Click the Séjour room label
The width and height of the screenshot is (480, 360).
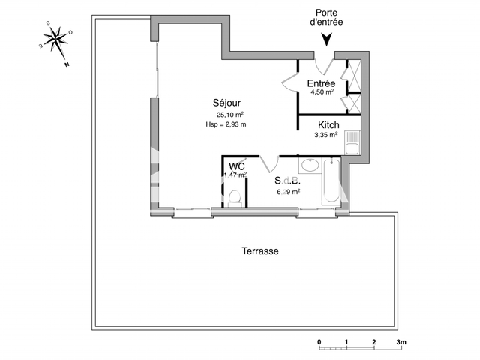(x=226, y=103)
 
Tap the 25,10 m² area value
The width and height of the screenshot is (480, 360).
(x=231, y=115)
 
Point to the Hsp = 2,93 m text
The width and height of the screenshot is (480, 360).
(x=231, y=124)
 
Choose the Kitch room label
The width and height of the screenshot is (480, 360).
(x=328, y=125)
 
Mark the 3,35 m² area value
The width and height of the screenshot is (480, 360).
(x=326, y=136)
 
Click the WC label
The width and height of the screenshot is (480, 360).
(x=237, y=166)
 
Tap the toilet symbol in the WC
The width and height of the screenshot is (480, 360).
(x=235, y=197)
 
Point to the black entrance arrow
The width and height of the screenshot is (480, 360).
(x=325, y=43)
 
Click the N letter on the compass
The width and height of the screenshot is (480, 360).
(x=67, y=64)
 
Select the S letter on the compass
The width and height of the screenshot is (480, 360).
(x=48, y=23)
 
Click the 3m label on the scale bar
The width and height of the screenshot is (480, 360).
(x=401, y=342)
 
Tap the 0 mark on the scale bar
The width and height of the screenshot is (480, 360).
(x=319, y=342)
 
